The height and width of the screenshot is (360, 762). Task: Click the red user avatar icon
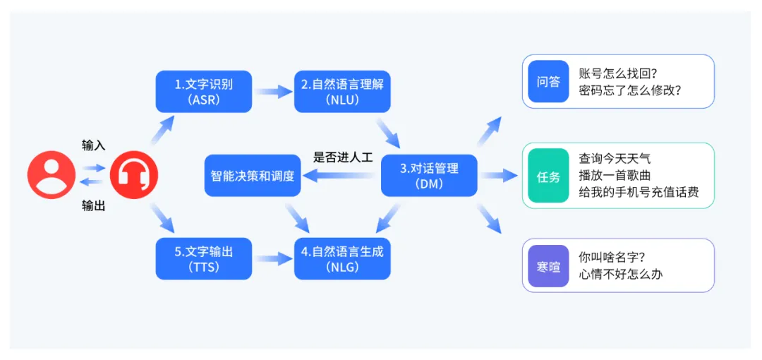click(x=51, y=175)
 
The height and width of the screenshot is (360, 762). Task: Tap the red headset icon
click(x=134, y=175)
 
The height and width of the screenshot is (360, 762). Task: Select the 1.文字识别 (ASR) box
click(x=203, y=92)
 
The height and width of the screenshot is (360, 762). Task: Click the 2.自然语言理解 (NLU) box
click(x=342, y=92)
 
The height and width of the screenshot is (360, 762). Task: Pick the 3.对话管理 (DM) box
click(x=429, y=176)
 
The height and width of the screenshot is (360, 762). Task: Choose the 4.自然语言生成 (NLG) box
click(x=342, y=258)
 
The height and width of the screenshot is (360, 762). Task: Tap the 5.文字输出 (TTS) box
click(x=203, y=258)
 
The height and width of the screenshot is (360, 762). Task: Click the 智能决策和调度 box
click(x=253, y=176)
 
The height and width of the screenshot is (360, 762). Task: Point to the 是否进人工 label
click(x=343, y=157)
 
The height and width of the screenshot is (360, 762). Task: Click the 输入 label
click(x=93, y=145)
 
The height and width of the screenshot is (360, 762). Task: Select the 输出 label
click(x=93, y=206)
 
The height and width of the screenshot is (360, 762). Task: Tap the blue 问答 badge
click(x=548, y=82)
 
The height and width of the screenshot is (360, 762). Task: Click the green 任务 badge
click(x=548, y=176)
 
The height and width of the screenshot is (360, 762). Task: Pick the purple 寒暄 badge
click(x=548, y=266)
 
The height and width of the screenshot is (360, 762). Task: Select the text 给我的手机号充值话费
click(x=639, y=192)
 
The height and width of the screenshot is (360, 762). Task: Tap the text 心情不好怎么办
click(x=621, y=275)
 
